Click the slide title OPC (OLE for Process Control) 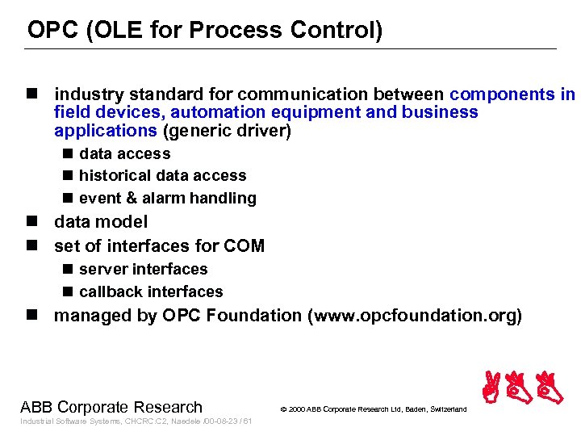(x=205, y=31)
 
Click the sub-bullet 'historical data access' (x=162, y=175)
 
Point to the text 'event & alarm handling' (x=167, y=198)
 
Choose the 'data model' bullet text (x=101, y=221)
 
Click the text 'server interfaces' (x=143, y=269)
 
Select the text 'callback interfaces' (x=151, y=291)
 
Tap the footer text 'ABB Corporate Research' (x=111, y=407)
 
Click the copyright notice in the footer (x=373, y=409)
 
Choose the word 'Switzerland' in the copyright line (x=446, y=409)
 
